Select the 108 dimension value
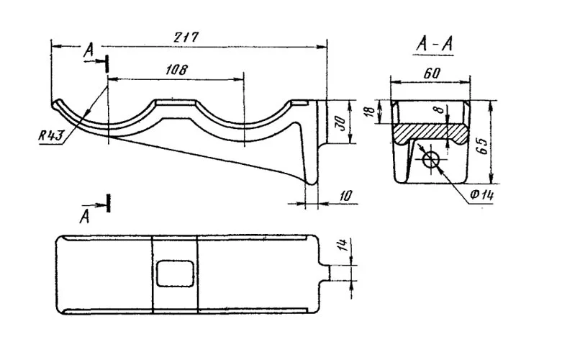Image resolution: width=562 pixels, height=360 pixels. [x=176, y=70]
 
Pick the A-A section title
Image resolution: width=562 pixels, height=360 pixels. [x=435, y=45]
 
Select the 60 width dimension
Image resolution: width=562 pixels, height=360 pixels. [x=432, y=73]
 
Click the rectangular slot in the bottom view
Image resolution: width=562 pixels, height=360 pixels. [x=174, y=272]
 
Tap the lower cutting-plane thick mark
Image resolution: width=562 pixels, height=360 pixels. [x=109, y=203]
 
